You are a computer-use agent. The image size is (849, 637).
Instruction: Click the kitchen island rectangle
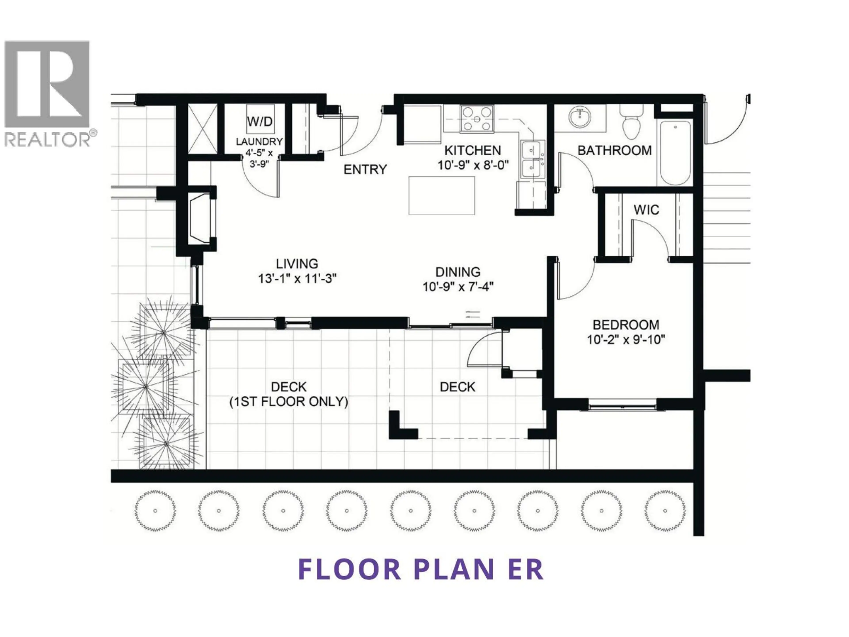click(x=441, y=196)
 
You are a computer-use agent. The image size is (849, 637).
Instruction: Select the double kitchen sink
click(x=533, y=159)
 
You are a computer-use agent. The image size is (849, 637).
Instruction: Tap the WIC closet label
click(x=646, y=210)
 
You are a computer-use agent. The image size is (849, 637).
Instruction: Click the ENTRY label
click(x=365, y=169)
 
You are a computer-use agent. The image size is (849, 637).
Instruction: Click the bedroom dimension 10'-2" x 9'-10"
click(x=626, y=340)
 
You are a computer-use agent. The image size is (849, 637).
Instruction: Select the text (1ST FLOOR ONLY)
click(x=289, y=402)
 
